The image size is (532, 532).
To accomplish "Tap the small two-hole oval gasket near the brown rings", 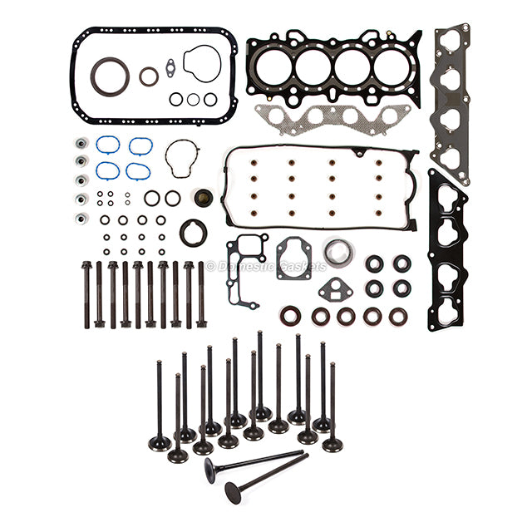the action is click(x=170, y=68).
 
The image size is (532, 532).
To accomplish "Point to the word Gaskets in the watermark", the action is click(x=303, y=267).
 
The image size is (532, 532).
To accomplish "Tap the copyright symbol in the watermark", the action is click(x=210, y=266).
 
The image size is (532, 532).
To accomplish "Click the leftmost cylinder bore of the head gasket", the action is click(x=273, y=67).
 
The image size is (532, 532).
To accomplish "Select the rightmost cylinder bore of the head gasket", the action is click(x=392, y=66).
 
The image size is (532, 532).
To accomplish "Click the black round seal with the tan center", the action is click(x=204, y=198).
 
